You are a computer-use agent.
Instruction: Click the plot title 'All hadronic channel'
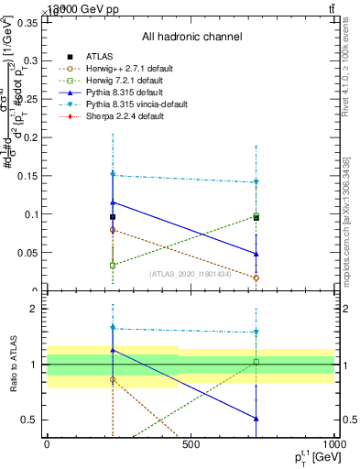tap(191, 38)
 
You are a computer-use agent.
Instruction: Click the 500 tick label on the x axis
tap(191, 444)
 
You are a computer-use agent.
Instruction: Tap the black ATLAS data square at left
tap(113, 217)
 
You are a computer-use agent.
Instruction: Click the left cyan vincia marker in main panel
tap(113, 174)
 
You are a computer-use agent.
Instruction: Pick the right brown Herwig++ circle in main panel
tap(256, 278)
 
